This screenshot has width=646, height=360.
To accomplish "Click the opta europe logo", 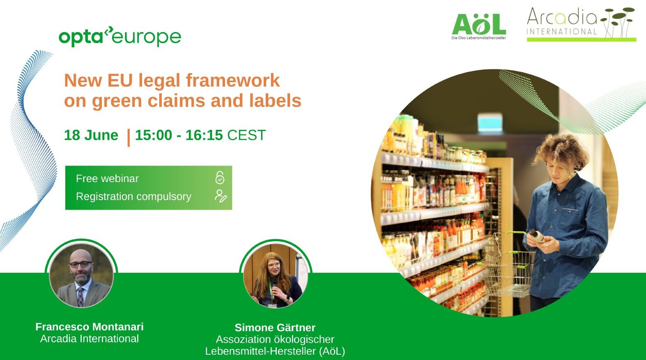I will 120,37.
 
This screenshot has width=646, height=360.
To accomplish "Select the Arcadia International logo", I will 581,24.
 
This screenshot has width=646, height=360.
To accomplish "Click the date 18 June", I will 91,135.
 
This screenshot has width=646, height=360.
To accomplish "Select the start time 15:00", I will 153,135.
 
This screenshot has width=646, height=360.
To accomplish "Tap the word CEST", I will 246,135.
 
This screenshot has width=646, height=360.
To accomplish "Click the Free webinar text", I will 107,178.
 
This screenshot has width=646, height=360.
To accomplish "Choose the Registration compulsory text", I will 133,196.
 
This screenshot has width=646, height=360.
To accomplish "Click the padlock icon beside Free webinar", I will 220,178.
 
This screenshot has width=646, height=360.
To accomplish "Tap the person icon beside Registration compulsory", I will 220,196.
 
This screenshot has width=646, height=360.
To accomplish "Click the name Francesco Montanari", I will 90,327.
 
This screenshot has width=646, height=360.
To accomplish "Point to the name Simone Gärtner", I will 275,328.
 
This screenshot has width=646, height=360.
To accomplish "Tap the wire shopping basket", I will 508,271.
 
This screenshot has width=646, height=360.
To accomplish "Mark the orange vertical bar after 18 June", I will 129,137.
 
